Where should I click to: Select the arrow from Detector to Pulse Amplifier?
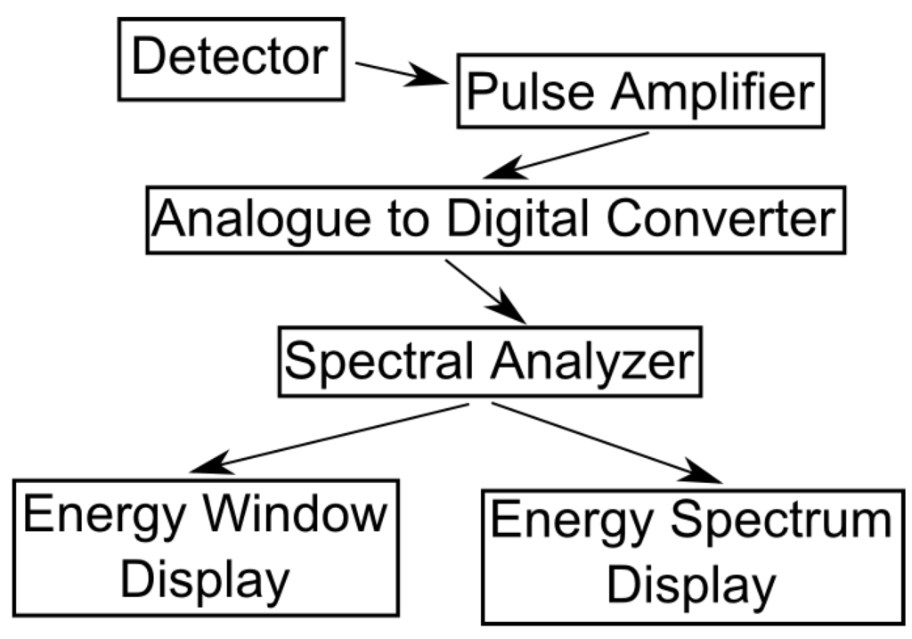(400, 73)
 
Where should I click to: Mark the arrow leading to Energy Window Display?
(330, 438)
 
